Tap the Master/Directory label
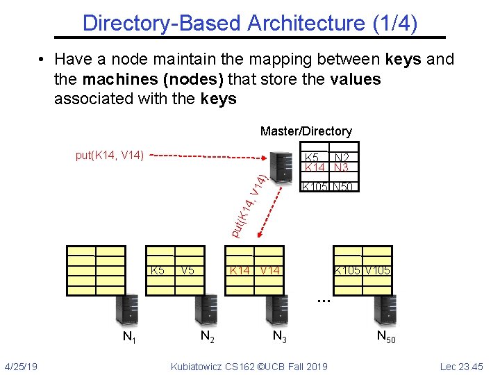point(306,131)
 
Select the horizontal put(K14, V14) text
point(110,154)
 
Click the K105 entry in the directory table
point(315,187)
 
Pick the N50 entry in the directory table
point(343,187)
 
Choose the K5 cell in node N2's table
point(158,270)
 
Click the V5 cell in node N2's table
point(187,270)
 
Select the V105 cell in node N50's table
point(378,270)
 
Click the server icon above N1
point(126,310)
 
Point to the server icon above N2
point(206,310)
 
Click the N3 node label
point(281,337)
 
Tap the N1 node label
point(129,338)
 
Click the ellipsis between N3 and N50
point(322,301)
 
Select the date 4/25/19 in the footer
point(21,366)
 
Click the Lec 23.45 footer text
point(461,366)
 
